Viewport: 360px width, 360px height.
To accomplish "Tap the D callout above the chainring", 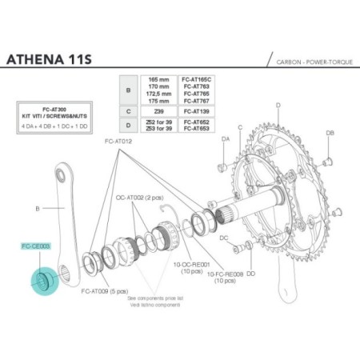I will click(x=277, y=105).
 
